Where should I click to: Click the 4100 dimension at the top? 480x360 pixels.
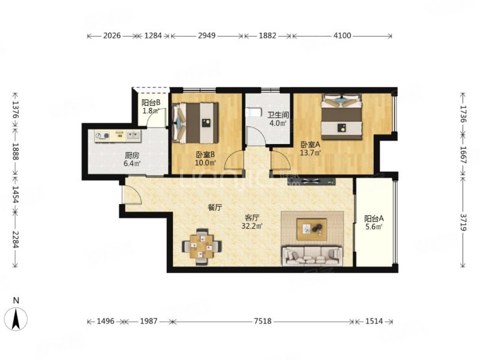click(x=342, y=36)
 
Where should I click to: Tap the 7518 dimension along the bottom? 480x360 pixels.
click(x=263, y=321)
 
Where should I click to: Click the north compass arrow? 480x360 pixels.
click(x=16, y=319)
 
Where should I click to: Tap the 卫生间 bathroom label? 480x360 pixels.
click(x=278, y=115)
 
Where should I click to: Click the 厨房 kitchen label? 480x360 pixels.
click(x=131, y=155)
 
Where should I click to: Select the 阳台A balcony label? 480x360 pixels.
click(x=374, y=218)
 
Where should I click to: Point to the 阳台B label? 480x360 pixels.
click(x=151, y=103)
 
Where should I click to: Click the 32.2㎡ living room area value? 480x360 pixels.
click(x=252, y=226)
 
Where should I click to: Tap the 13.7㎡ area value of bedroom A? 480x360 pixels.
click(x=310, y=152)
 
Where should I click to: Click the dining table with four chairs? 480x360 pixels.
click(x=202, y=247)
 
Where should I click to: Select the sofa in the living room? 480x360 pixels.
click(x=312, y=257)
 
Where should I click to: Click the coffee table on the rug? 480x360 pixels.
click(x=311, y=229)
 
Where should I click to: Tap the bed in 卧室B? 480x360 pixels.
click(x=196, y=123)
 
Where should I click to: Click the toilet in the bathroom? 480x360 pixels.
click(x=253, y=113)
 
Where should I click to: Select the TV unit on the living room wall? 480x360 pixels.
click(x=311, y=182)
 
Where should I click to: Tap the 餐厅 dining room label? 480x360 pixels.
click(x=215, y=208)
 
